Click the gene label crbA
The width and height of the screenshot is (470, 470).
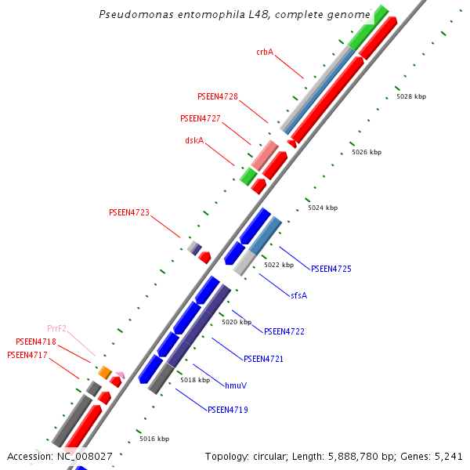[x=265, y=52]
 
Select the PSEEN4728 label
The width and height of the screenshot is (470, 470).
[x=218, y=96]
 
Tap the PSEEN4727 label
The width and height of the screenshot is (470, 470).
[x=200, y=118]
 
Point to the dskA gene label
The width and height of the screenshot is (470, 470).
[x=194, y=140]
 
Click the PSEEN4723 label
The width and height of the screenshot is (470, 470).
[x=128, y=212]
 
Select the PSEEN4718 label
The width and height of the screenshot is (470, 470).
[x=36, y=342]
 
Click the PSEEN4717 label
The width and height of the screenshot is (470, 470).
[x=27, y=355]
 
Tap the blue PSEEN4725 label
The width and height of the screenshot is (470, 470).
[x=331, y=269]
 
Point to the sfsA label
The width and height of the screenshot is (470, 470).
[x=298, y=295]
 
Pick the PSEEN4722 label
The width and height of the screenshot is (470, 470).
[x=284, y=331]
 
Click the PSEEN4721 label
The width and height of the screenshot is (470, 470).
[x=263, y=359]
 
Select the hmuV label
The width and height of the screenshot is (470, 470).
[x=236, y=385]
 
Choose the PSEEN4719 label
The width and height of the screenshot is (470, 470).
[x=227, y=410]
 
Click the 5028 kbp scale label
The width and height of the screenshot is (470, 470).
[x=411, y=96]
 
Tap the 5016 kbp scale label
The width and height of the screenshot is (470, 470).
[x=154, y=439]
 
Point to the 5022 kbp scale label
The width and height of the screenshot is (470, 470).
[x=279, y=265]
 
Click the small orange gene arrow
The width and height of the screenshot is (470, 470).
[x=104, y=372]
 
